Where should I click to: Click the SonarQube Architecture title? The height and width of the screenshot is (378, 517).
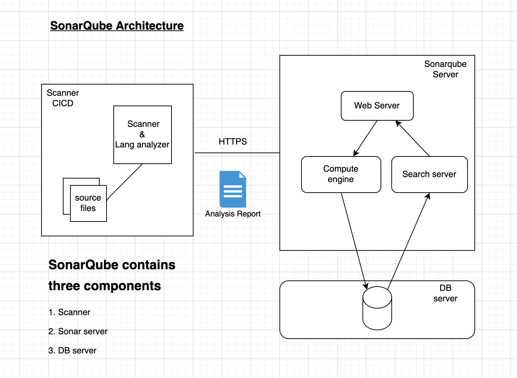pyautogui.click(x=117, y=26)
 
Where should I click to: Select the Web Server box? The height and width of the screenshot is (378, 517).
pyautogui.click(x=377, y=106)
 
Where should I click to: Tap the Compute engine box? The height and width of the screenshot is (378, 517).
pyautogui.click(x=341, y=174)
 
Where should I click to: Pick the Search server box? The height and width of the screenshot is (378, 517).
pyautogui.click(x=429, y=174)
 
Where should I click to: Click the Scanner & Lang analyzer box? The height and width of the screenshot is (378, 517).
pyautogui.click(x=143, y=134)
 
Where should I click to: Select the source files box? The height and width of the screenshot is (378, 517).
pyautogui.click(x=88, y=203)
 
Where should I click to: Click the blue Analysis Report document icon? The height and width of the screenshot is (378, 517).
pyautogui.click(x=233, y=189)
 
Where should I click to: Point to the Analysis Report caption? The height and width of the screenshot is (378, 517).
pyautogui.click(x=233, y=214)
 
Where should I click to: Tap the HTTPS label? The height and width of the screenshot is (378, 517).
pyautogui.click(x=233, y=142)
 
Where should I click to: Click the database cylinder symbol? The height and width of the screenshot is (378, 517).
pyautogui.click(x=377, y=308)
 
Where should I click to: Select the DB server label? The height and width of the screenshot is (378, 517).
pyautogui.click(x=445, y=293)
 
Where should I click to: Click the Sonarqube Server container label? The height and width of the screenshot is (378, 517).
pyautogui.click(x=445, y=69)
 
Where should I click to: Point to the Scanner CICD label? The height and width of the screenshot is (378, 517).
pyautogui.click(x=63, y=98)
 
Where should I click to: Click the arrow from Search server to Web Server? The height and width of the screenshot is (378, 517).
pyautogui.click(x=413, y=138)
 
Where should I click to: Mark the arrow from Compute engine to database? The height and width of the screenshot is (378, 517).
pyautogui.click(x=354, y=240)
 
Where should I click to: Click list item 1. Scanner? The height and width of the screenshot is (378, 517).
pyautogui.click(x=69, y=312)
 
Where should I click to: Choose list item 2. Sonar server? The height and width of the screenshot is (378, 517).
pyautogui.click(x=78, y=331)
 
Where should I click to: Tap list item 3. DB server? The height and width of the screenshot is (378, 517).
pyautogui.click(x=73, y=351)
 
